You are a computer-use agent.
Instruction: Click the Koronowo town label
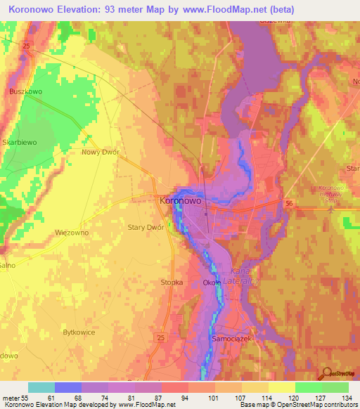pos(181,200)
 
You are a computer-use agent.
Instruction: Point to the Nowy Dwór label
pos(101,152)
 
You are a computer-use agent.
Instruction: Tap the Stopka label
pos(171,282)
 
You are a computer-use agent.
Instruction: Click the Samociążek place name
pos(231,337)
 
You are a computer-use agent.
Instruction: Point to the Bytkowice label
pos(79,331)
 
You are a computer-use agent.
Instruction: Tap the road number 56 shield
pos(288,203)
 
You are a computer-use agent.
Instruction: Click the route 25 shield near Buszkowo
pos(27,46)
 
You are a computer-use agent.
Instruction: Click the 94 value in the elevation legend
pos(185,398)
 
